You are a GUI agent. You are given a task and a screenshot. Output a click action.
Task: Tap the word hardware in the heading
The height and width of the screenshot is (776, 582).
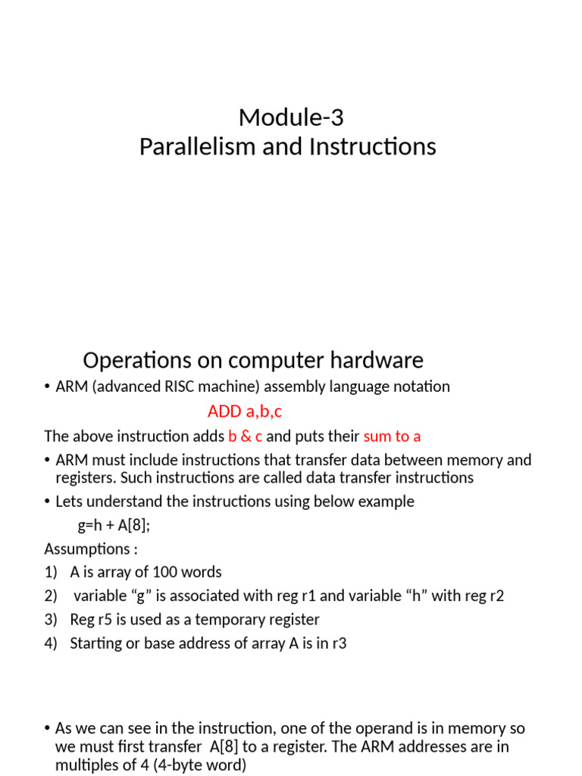(x=377, y=360)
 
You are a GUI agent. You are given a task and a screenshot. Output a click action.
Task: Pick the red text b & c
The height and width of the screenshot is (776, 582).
(x=246, y=436)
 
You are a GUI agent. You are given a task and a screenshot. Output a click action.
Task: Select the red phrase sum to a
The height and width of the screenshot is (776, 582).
(x=393, y=436)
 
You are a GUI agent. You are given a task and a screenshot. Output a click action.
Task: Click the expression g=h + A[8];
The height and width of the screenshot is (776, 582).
(x=114, y=525)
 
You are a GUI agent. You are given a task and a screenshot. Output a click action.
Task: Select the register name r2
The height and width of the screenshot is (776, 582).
(x=496, y=596)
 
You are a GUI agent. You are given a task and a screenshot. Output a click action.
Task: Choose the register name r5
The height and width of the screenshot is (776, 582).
(x=107, y=620)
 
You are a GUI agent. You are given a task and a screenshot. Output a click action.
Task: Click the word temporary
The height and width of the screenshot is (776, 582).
(x=231, y=620)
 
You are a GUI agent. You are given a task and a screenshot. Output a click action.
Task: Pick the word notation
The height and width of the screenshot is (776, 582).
(x=421, y=386)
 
